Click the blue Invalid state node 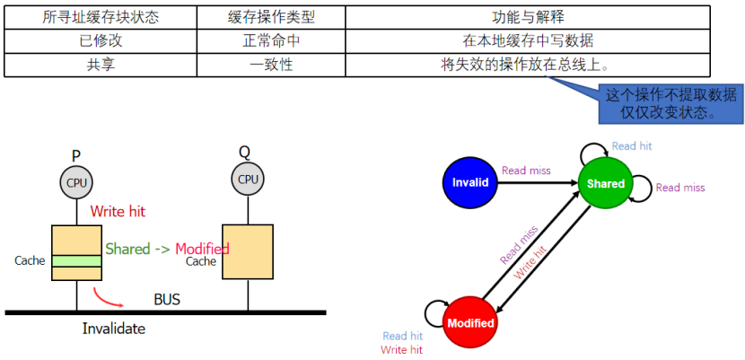click(x=470, y=182)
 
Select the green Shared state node click(x=606, y=183)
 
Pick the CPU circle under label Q click(x=248, y=180)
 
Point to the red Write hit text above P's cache click(x=118, y=212)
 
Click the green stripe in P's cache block click(x=76, y=260)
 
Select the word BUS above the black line click(x=167, y=299)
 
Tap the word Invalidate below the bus click(x=114, y=329)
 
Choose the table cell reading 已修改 click(x=94, y=40)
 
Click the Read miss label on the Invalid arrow click(x=526, y=170)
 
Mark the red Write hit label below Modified click(x=401, y=349)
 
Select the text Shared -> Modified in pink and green click(x=167, y=249)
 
